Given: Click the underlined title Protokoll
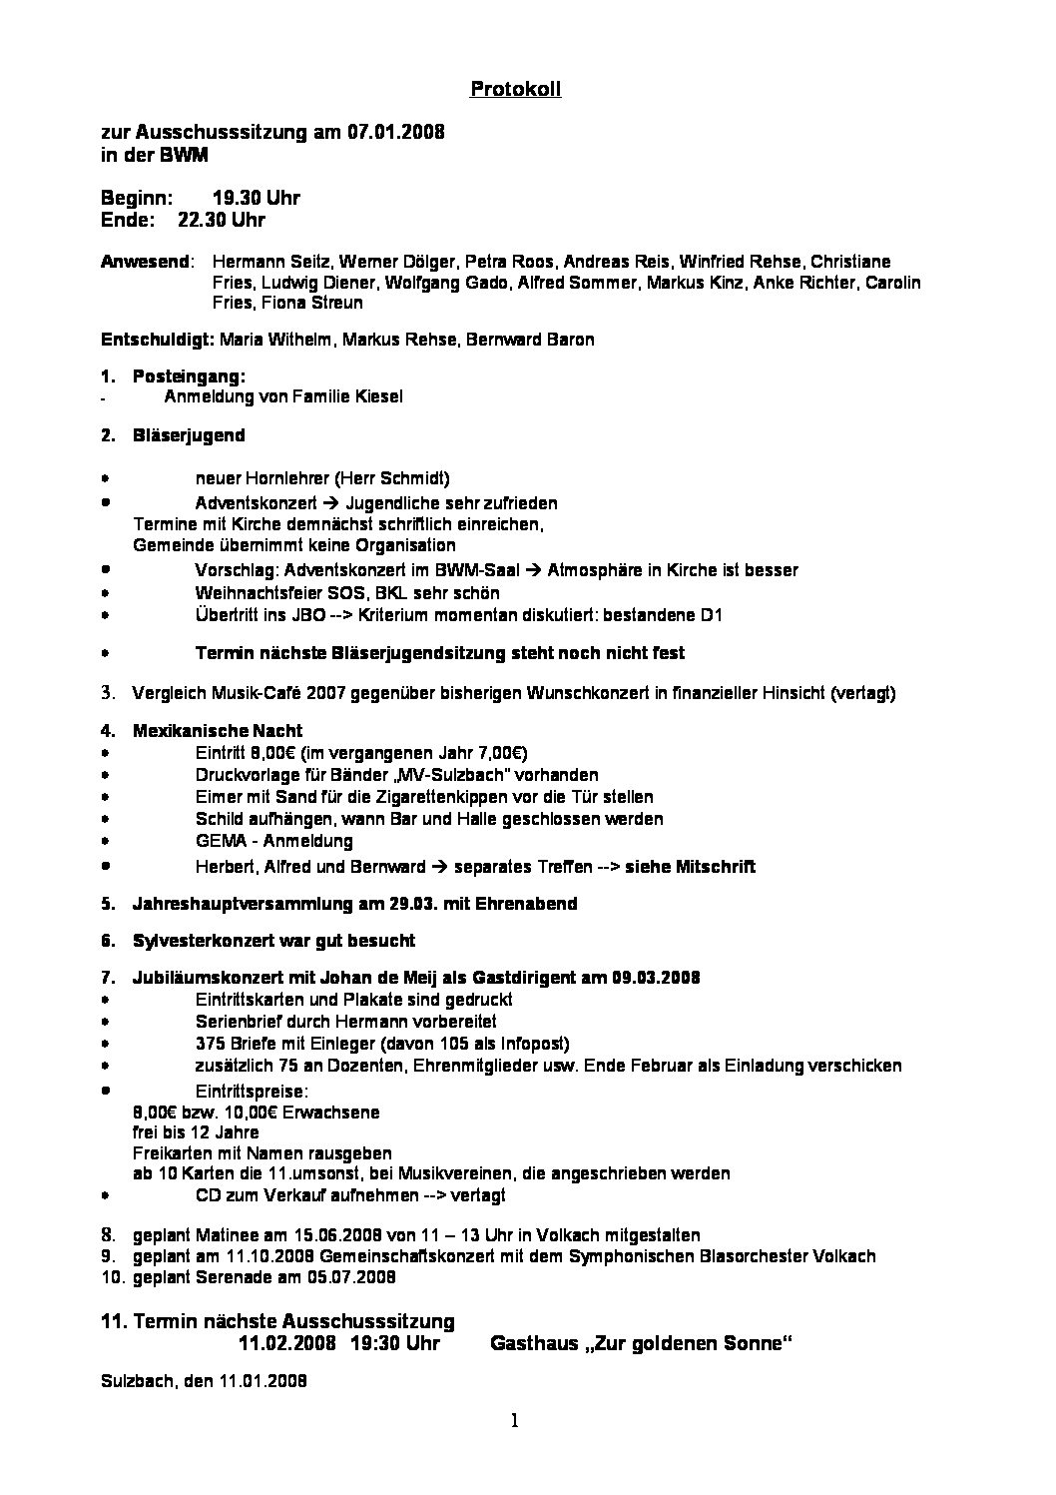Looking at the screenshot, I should point(515,89).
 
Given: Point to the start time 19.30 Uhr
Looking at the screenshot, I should point(256,198).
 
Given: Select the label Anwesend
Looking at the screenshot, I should point(146,262).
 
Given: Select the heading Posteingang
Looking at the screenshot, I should point(188,376).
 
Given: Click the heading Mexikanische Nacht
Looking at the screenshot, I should point(218,731).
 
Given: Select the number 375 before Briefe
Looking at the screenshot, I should point(211,1044).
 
